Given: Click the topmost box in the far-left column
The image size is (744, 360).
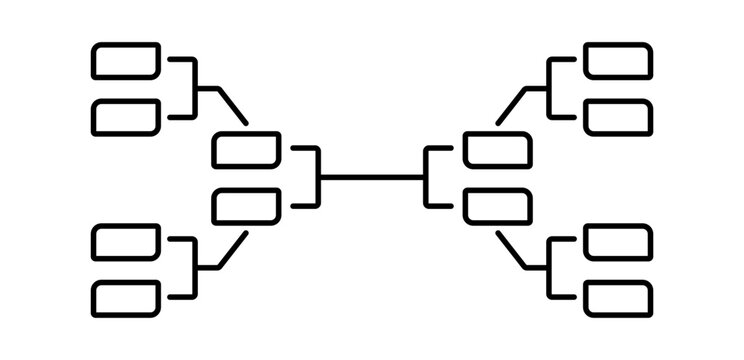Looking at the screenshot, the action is pyautogui.click(x=126, y=60).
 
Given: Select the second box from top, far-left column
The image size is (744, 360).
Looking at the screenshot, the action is pyautogui.click(x=126, y=117).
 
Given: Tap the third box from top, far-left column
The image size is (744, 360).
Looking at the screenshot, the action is pyautogui.click(x=126, y=241).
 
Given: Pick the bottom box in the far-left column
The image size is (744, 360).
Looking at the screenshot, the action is pyautogui.click(x=126, y=297).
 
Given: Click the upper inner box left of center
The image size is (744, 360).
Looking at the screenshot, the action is pyautogui.click(x=247, y=150).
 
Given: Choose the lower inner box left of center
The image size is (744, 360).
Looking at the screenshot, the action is pyautogui.click(x=247, y=206).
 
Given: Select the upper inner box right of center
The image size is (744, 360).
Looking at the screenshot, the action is pyautogui.click(x=497, y=150).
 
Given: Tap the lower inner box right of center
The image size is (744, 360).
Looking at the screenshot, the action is pyautogui.click(x=497, y=206).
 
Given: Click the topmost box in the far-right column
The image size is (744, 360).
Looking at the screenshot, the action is pyautogui.click(x=618, y=60).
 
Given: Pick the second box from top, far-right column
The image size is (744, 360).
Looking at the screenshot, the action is pyautogui.click(x=618, y=117).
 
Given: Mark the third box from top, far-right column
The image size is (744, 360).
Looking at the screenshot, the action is pyautogui.click(x=618, y=241).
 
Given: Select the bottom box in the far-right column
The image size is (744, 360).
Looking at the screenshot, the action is pyautogui.click(x=618, y=297).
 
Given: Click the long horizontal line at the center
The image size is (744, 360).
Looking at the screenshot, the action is pyautogui.click(x=372, y=178).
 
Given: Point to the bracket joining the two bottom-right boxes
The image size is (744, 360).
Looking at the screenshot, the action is pyautogui.click(x=549, y=269).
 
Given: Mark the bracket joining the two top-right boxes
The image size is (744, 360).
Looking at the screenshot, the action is pyautogui.click(x=549, y=88).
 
